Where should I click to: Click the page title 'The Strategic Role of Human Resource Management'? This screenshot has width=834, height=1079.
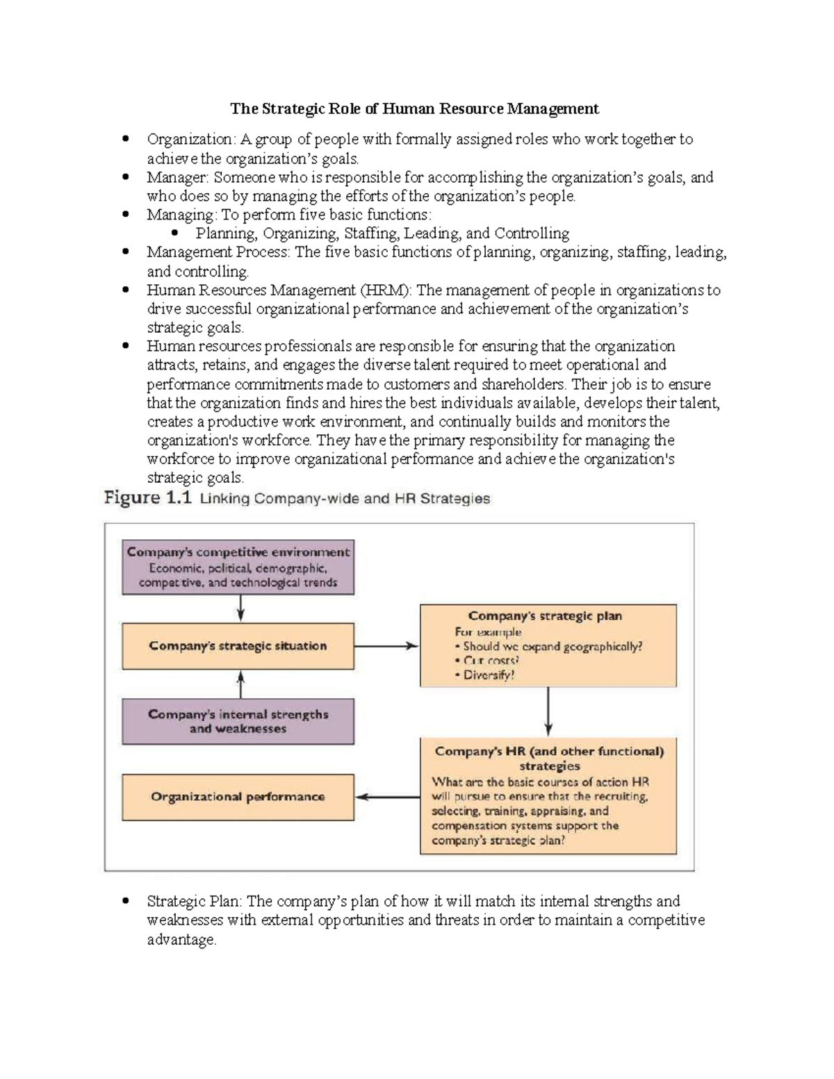tap(414, 109)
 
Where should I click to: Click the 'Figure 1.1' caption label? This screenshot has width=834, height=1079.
tap(147, 498)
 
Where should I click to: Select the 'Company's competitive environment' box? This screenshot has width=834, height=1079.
tap(238, 567)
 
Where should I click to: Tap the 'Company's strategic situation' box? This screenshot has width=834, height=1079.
tap(238, 646)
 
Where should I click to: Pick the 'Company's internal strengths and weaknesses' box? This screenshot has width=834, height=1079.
tap(238, 721)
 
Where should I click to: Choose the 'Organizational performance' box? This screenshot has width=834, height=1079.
tap(238, 797)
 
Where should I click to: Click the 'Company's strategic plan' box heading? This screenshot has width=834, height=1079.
tap(545, 616)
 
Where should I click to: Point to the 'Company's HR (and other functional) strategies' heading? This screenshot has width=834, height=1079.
tap(549, 759)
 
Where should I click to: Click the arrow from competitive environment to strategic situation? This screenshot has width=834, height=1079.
tap(240, 608)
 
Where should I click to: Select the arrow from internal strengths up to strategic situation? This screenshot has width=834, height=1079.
tap(240, 684)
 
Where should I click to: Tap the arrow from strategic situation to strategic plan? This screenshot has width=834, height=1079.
tap(386, 646)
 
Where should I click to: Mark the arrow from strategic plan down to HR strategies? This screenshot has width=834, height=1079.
tap(548, 711)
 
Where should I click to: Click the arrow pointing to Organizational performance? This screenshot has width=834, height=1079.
tap(387, 797)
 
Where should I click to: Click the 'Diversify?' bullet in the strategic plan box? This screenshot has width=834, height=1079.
tap(489, 675)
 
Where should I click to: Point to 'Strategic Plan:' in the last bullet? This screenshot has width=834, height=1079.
tap(195, 902)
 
